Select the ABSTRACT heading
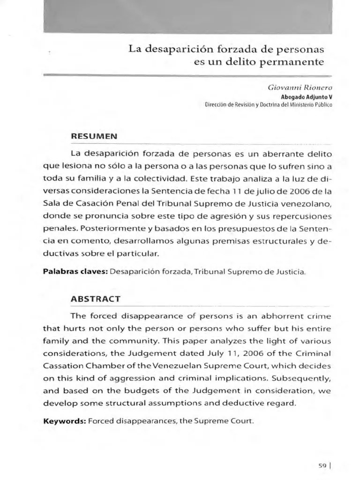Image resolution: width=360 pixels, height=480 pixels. (x=95, y=299)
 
